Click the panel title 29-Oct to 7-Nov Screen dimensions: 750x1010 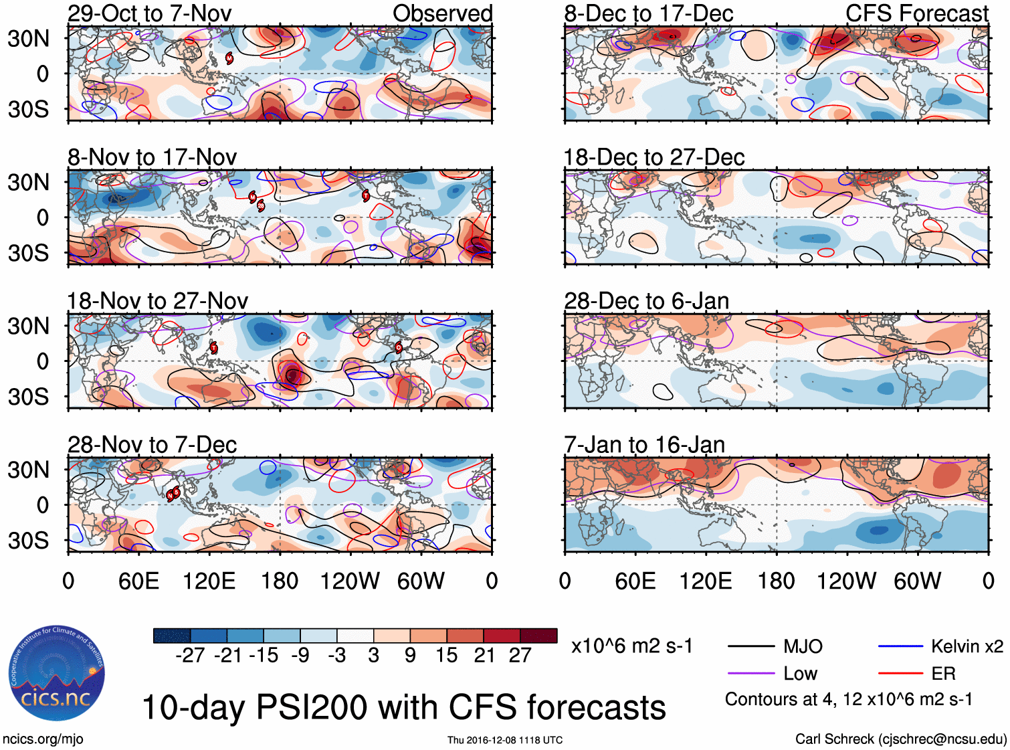(x=149, y=13)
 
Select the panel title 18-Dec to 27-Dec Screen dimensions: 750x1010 (x=653, y=157)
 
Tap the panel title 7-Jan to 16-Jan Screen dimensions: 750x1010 (x=644, y=445)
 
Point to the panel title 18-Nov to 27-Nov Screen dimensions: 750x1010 (x=157, y=301)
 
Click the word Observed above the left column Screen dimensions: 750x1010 (x=442, y=13)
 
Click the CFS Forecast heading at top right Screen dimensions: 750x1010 (x=916, y=13)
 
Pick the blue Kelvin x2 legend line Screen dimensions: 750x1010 (x=900, y=646)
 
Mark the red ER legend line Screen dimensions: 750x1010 (x=900, y=674)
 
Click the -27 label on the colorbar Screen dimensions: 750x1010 (x=190, y=656)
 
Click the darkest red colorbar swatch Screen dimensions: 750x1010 (x=538, y=636)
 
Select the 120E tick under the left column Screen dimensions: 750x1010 (x=209, y=581)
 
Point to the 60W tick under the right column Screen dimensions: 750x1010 (x=917, y=581)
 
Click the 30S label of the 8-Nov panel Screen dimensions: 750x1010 (x=28, y=253)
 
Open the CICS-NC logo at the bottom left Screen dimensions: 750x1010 (x=56, y=674)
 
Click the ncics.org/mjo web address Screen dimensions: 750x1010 (x=43, y=739)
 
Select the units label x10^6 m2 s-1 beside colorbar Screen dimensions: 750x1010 (x=631, y=646)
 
